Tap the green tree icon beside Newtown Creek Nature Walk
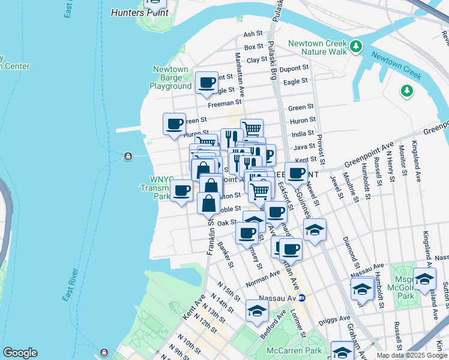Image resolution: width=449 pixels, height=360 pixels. pyautogui.click(x=356, y=46)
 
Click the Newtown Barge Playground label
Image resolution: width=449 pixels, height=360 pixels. pyautogui.click(x=170, y=77)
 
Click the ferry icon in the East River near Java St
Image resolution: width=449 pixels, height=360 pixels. pyautogui.click(x=128, y=157)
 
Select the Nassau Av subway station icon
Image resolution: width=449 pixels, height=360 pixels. pyautogui.click(x=303, y=298)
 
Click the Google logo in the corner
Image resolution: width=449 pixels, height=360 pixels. pyautogui.click(x=20, y=353)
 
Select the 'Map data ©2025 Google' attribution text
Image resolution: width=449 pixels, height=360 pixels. pyautogui.click(x=412, y=355)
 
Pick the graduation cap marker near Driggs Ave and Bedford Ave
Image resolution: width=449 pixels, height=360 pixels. pyautogui.click(x=257, y=311)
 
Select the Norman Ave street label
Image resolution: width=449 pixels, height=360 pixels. pyautogui.click(x=263, y=277)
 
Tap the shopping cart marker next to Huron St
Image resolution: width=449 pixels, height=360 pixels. pyautogui.click(x=252, y=128)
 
